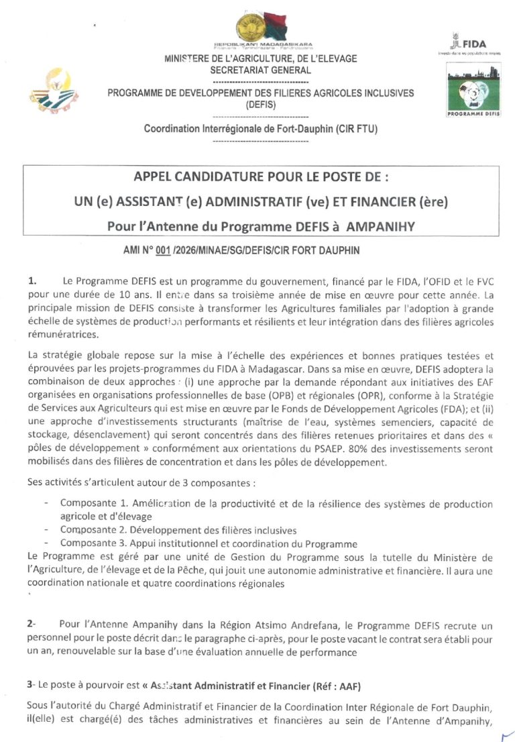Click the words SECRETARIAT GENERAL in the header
tap(260, 70)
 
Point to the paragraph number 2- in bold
tap(32, 624)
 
